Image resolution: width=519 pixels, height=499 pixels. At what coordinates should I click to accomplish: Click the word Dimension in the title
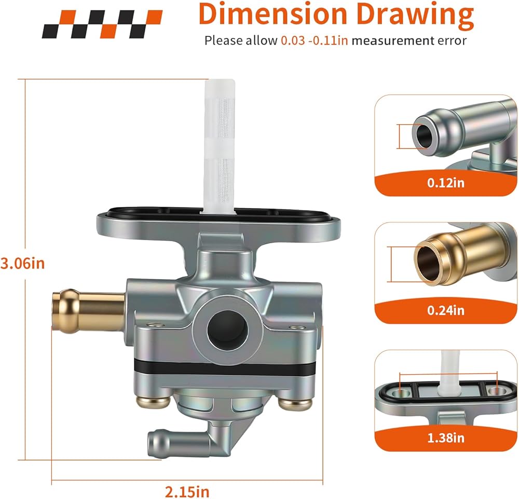coord(272,14)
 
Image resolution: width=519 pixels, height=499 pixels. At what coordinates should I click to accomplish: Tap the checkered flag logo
coord(102,24)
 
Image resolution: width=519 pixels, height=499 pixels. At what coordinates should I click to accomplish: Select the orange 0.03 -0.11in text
coord(315,41)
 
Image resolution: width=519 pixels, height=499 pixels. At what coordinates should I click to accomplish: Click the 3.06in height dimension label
coord(22,263)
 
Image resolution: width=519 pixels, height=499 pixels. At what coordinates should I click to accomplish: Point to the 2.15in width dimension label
coord(187,491)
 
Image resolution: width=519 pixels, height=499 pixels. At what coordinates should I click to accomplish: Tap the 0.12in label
coord(446,182)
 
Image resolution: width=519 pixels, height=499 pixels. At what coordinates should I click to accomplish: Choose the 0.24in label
coord(446,310)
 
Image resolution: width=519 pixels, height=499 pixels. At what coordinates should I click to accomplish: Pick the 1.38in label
coord(446,438)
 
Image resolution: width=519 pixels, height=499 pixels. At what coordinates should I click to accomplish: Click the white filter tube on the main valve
coord(220,146)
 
